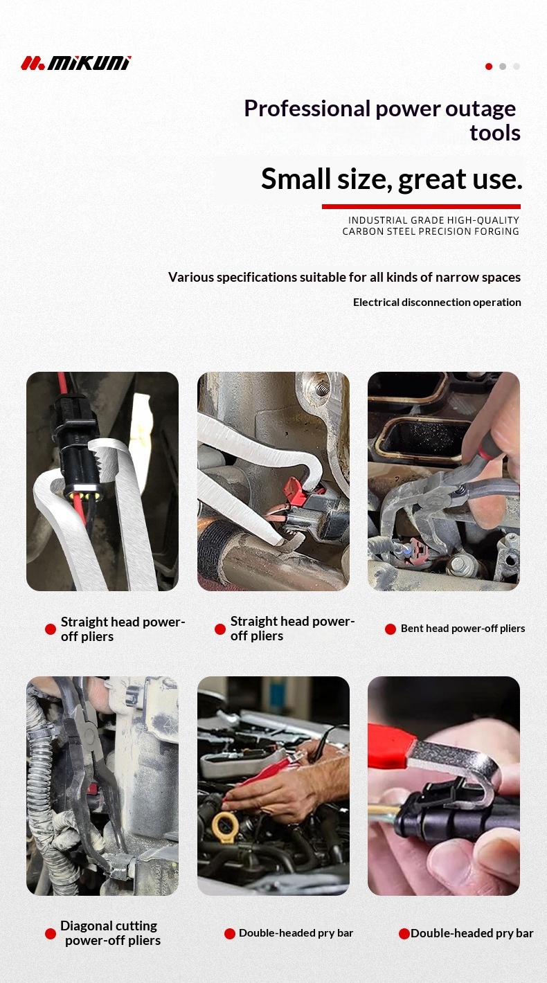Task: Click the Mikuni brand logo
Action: click(x=76, y=63)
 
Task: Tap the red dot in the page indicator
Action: click(x=489, y=66)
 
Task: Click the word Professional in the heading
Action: click(x=307, y=109)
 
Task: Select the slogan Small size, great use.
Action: click(x=392, y=179)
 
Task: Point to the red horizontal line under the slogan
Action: click(x=421, y=206)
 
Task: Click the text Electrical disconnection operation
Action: click(x=437, y=303)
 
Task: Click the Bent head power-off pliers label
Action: click(x=463, y=629)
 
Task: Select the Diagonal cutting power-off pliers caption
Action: click(x=110, y=933)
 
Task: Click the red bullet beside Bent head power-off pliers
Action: click(x=391, y=629)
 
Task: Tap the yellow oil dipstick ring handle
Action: click(x=225, y=827)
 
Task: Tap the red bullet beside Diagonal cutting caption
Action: click(x=51, y=934)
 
